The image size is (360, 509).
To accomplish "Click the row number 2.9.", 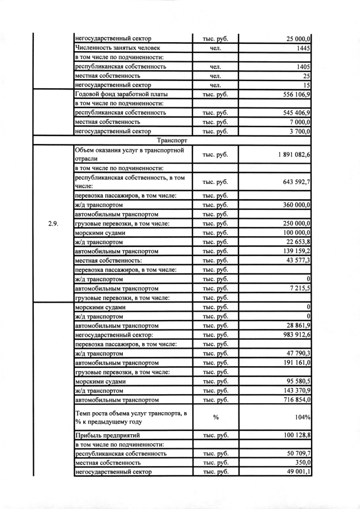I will (x=54, y=223).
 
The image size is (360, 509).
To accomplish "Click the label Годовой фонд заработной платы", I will (x=121, y=94).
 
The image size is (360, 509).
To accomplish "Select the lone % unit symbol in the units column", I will (x=215, y=418).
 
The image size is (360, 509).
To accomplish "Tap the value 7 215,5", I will (x=299, y=289).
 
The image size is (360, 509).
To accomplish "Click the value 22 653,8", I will (x=296, y=242).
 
